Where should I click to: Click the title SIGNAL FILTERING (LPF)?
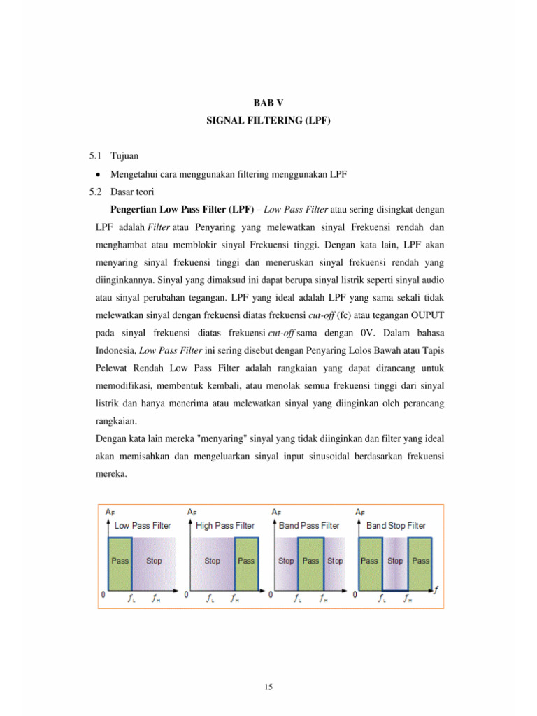point(268,121)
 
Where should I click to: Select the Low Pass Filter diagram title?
point(142,525)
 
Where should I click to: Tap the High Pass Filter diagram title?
point(225,525)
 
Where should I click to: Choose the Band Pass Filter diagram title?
point(310,525)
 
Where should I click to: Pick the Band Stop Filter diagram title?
point(396,525)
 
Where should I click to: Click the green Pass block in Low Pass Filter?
point(120,561)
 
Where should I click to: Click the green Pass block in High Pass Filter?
point(246,561)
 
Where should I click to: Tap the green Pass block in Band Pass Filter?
point(310,561)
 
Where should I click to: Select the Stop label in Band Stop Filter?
point(395,561)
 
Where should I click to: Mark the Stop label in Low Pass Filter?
point(153,561)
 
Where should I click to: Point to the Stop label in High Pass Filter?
point(212,561)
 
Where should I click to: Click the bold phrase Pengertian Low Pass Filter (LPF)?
point(185,209)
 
